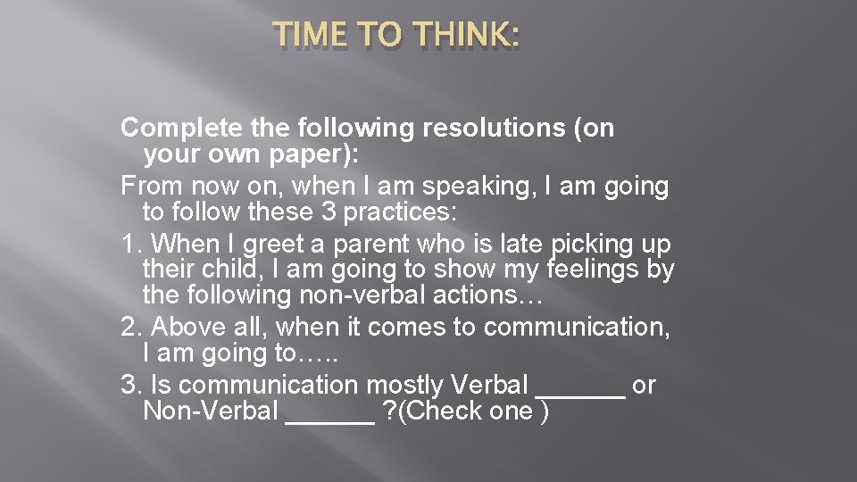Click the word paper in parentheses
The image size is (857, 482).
(x=313, y=155)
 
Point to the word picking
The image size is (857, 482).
(x=589, y=245)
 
